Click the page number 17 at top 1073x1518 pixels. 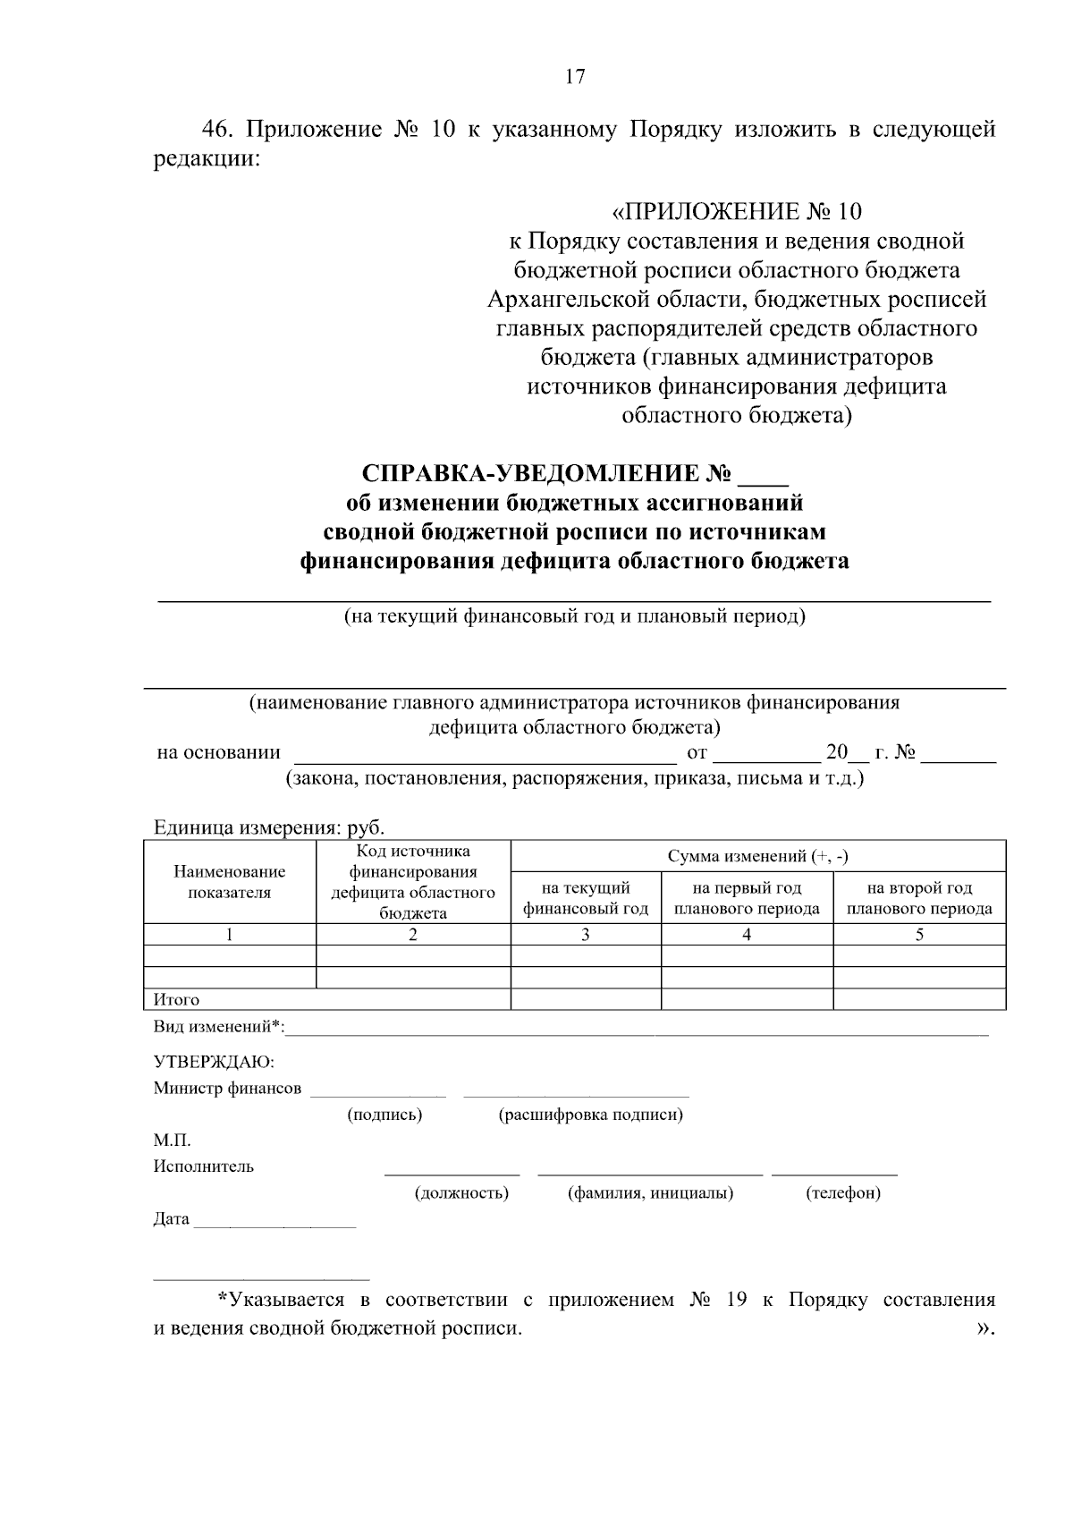575,77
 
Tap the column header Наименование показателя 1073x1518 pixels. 230,882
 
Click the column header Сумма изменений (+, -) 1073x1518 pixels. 757,856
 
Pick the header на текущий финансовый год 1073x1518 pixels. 586,898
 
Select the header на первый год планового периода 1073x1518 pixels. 747,898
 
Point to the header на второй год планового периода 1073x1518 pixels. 919,898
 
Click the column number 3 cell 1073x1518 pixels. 586,935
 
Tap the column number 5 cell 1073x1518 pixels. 919,935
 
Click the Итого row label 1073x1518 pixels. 177,999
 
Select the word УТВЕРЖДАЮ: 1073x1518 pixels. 215,1062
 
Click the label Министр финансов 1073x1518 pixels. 227,1089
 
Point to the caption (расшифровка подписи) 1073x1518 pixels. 591,1115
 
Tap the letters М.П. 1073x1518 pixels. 172,1141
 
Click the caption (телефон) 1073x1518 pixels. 842,1193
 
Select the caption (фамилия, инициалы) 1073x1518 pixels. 650,1193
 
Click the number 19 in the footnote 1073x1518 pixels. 737,1300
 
